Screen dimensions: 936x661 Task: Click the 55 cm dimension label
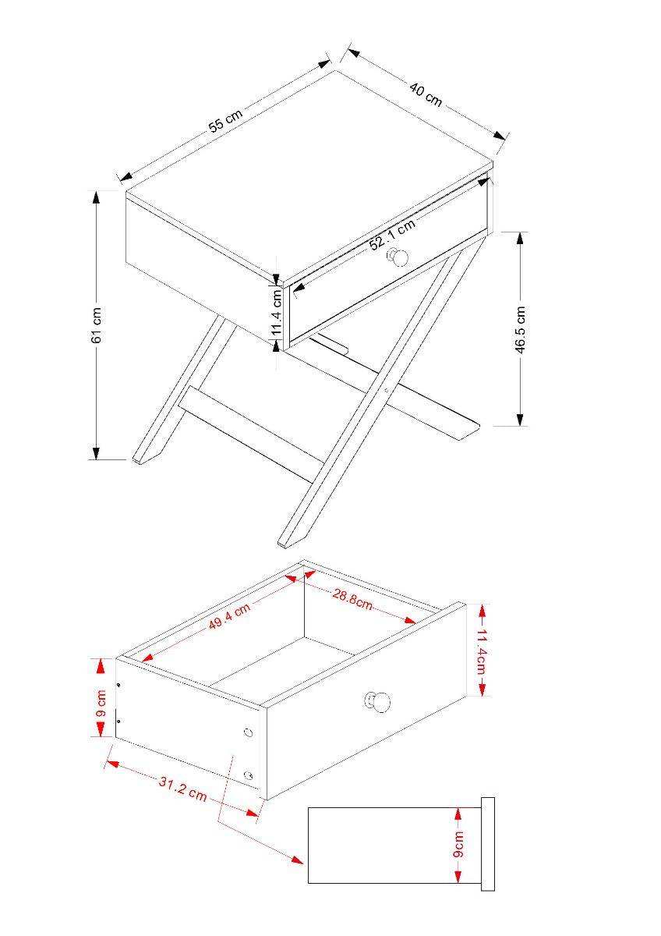226,119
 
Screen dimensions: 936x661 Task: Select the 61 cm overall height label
97,325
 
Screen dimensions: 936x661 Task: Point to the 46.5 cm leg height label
520,330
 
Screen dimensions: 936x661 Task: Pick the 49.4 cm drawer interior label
229,621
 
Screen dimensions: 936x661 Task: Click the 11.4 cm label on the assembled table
277,312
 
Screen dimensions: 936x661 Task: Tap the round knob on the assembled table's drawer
399,258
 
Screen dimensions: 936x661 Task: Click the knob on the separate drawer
377,701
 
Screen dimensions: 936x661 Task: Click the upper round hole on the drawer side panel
248,732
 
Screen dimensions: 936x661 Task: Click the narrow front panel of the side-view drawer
488,845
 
